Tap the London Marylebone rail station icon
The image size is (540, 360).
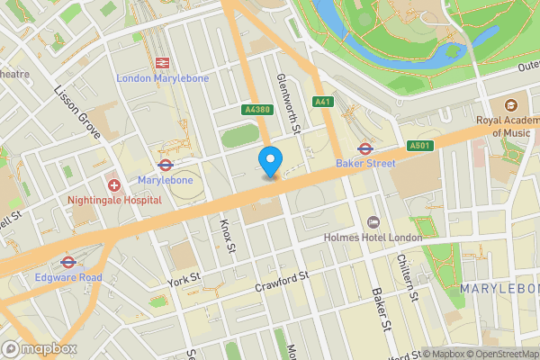pos(163,63)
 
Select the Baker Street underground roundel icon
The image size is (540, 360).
pos(365,148)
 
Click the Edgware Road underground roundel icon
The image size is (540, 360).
pos(68,263)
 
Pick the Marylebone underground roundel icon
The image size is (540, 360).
pos(165,165)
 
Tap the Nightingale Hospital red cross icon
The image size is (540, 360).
pos(114,184)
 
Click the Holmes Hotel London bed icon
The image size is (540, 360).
pos(373,222)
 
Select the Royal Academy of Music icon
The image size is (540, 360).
pos(510,105)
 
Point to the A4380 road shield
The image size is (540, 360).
pos(256,110)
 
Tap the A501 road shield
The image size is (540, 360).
pos(418,146)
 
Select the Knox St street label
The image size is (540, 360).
pos(227,234)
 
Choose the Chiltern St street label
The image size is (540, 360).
pos(408,275)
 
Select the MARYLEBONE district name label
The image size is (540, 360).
pos(499,289)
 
